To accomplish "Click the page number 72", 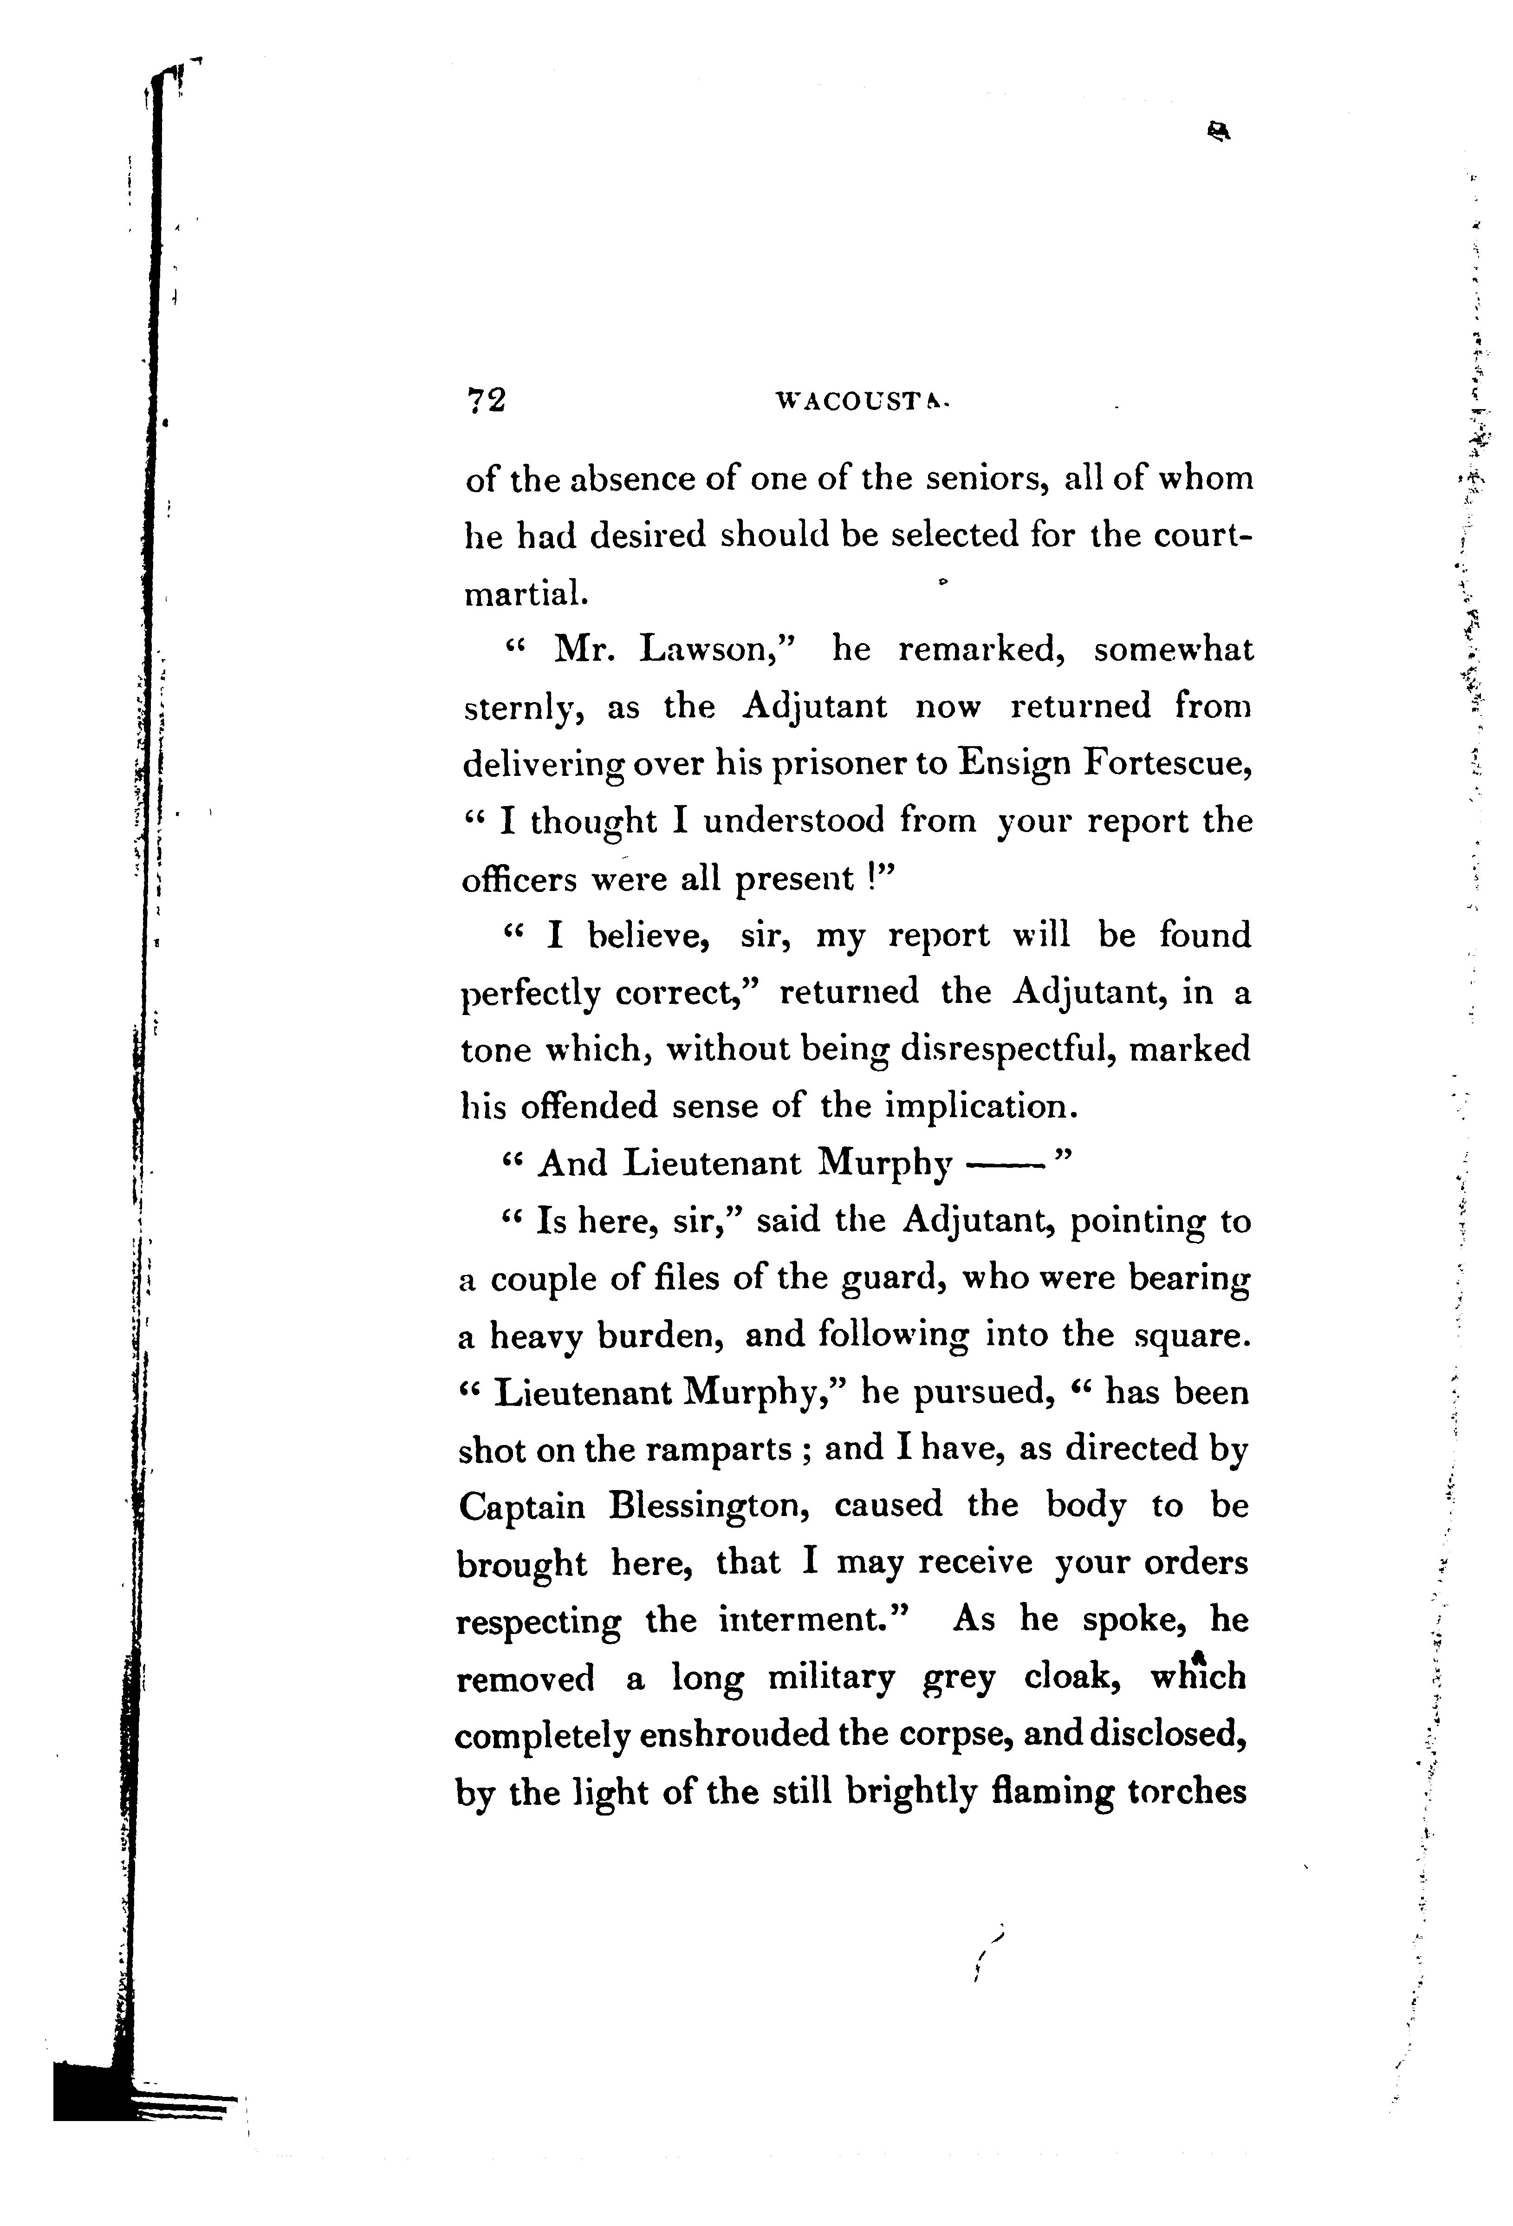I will coord(485,400).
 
